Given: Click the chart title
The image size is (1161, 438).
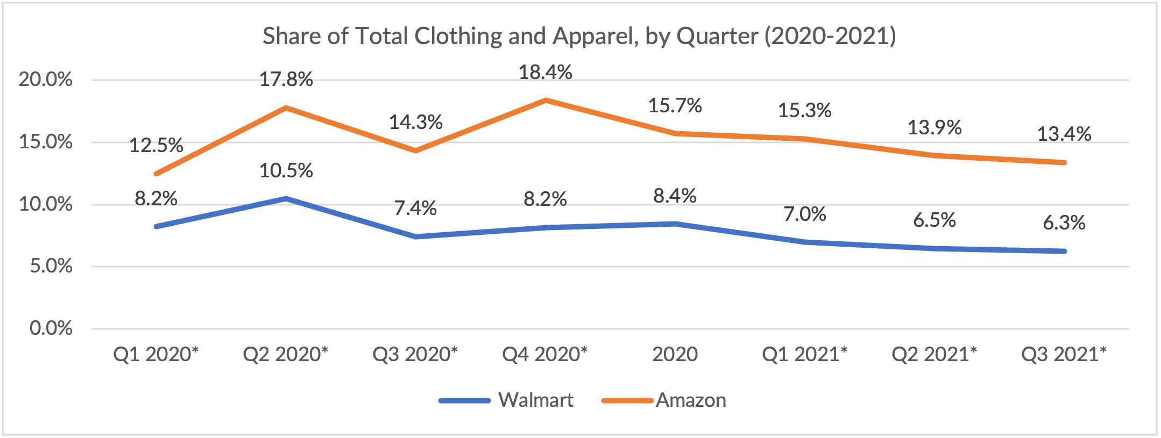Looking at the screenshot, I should (579, 37).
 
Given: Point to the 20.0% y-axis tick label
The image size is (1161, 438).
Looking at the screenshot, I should (46, 80).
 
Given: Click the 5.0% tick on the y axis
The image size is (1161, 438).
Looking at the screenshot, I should (51, 266).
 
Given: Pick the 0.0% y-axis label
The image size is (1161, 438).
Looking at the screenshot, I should (51, 328).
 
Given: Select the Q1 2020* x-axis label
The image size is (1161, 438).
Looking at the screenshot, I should (155, 354).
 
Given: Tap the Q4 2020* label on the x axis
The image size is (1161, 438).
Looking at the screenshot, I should (544, 354).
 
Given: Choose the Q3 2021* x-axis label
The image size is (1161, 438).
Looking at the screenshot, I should (1064, 354).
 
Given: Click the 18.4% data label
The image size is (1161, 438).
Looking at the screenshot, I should (545, 72).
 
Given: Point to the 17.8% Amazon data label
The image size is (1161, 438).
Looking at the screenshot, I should (286, 80).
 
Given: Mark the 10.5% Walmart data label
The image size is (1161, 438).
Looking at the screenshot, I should (286, 171).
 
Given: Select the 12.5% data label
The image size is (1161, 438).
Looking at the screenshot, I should (156, 145).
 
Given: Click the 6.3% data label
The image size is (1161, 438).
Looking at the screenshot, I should (1064, 222).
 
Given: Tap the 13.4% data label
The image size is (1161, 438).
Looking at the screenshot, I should (1064, 134).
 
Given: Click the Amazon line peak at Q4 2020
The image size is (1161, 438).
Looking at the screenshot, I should (545, 100).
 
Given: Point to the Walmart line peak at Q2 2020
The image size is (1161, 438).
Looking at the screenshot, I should (286, 198).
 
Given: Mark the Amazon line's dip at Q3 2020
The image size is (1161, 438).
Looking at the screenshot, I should (415, 150).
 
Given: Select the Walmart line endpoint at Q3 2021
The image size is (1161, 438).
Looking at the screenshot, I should (1064, 251).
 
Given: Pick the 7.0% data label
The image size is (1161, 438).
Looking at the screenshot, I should (804, 214).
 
